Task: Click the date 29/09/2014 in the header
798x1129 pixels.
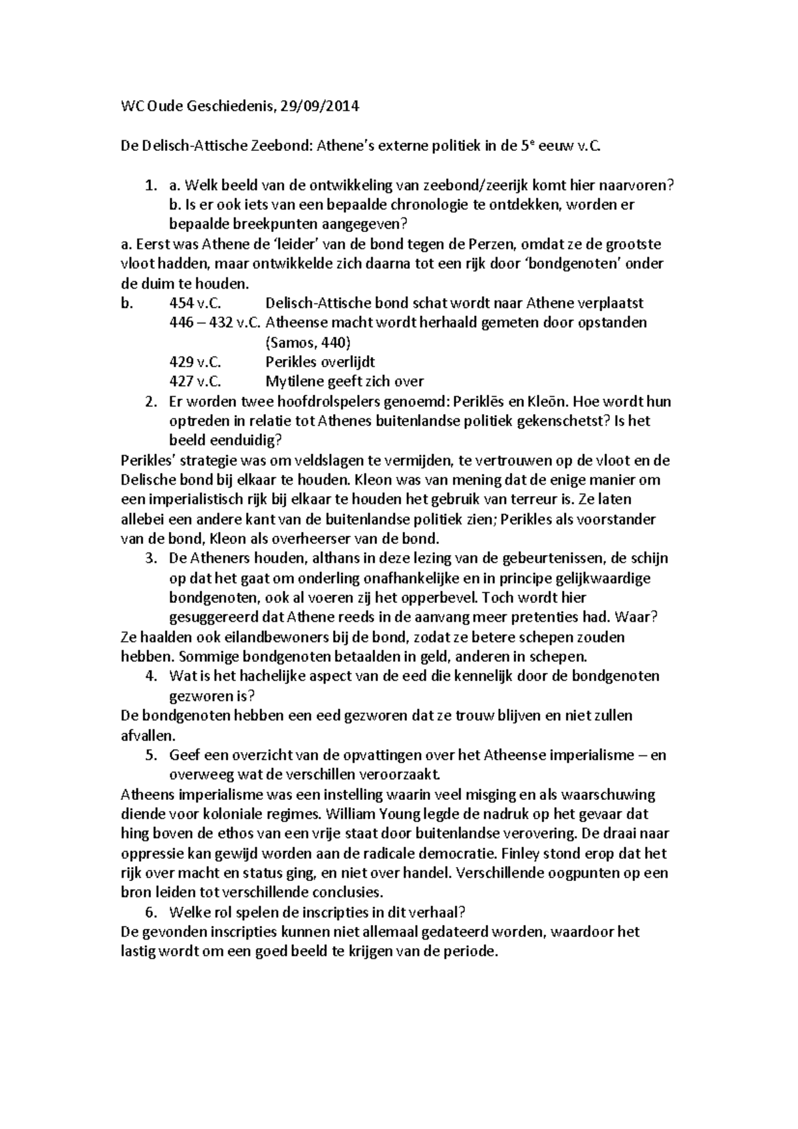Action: [317, 106]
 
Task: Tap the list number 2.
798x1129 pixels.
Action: [151, 402]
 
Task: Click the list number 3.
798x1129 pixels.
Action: [151, 559]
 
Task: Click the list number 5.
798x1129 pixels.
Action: [151, 755]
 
